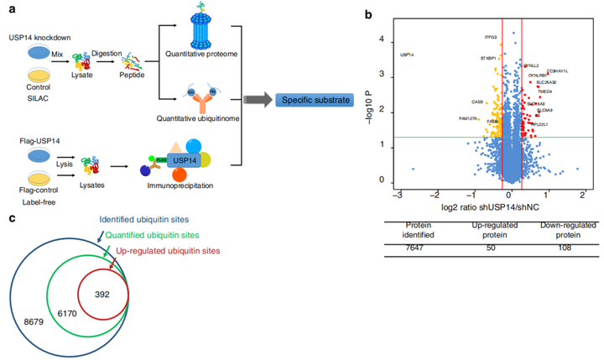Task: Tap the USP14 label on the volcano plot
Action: pyautogui.click(x=405, y=55)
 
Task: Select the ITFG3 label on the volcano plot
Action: pyautogui.click(x=491, y=37)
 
